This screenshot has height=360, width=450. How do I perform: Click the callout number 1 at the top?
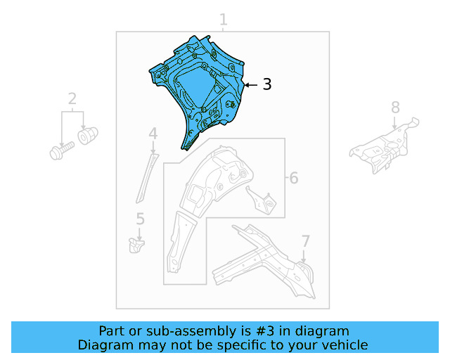click(224, 20)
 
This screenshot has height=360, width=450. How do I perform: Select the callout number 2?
click(72, 98)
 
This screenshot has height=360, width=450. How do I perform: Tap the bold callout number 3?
click(267, 84)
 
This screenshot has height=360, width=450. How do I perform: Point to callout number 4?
click(153, 134)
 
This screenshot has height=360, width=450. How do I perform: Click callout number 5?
click(140, 219)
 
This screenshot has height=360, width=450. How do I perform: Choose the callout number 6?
click(294, 178)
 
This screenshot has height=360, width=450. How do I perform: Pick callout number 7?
click(306, 241)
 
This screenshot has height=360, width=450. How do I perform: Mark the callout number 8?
click(395, 108)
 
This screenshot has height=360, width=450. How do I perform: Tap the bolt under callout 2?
click(62, 150)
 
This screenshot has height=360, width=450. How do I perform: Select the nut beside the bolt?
click(88, 136)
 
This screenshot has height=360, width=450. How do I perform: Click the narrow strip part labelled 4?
click(147, 179)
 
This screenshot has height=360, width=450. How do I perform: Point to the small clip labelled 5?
click(136, 245)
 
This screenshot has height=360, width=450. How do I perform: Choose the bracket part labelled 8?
click(385, 146)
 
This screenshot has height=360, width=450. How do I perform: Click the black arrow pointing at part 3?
click(251, 85)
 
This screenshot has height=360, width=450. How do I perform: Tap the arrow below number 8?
click(395, 122)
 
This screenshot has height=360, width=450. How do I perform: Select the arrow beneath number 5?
click(139, 235)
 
